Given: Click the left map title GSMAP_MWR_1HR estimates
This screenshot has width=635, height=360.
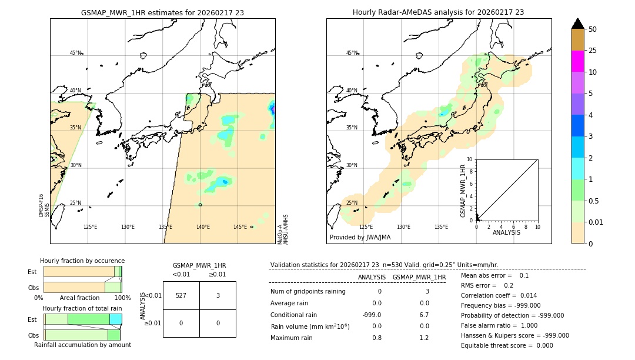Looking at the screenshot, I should (x=162, y=12).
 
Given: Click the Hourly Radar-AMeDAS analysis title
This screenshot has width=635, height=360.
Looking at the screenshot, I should (x=438, y=12).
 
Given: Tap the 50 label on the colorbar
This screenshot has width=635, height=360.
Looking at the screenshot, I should (x=593, y=29).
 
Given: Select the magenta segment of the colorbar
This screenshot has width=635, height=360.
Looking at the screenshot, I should (x=577, y=61).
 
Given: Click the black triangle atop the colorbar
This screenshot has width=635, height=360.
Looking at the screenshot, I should (x=577, y=24).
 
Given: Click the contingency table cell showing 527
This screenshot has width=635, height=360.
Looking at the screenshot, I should (x=181, y=295).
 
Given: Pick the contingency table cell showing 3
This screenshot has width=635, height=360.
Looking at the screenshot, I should (x=218, y=295).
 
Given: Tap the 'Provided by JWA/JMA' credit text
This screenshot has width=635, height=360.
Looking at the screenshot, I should (x=360, y=237).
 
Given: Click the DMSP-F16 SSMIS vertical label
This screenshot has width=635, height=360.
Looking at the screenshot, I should (x=44, y=205).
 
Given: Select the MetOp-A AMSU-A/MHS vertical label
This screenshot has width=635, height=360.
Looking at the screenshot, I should (x=283, y=229).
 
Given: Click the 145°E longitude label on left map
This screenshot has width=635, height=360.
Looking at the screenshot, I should (x=240, y=227).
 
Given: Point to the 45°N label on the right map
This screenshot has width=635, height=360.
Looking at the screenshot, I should (x=352, y=53).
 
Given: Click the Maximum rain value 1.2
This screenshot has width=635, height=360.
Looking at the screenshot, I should (x=424, y=338).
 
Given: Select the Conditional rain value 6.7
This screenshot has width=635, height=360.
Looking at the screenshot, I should (x=424, y=315).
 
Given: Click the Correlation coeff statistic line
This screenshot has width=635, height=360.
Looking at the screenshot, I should (x=499, y=295).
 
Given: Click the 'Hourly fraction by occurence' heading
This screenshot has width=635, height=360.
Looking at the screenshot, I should (x=82, y=261).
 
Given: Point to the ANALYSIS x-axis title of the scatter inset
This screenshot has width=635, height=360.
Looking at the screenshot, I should (x=506, y=232).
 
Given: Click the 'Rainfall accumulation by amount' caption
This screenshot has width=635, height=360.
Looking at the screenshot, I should (x=82, y=345).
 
